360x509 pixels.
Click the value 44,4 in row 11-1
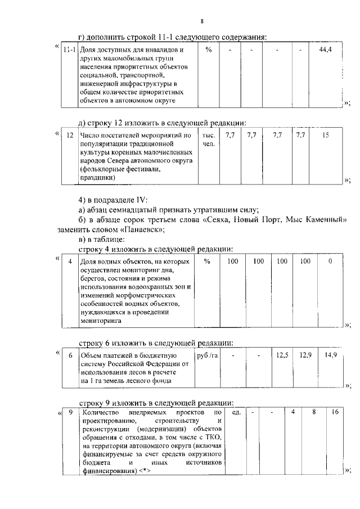pos(325,51)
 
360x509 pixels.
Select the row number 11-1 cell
pos(70,51)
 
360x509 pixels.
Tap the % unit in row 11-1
pos(209,51)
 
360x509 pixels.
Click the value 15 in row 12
pos(326,136)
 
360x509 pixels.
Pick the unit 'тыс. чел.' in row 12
pos(209,139)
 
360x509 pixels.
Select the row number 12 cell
pos(70,136)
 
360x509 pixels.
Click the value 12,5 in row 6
pos(282,355)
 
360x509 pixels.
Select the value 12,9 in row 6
pos(305,355)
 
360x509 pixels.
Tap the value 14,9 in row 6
pos(331,355)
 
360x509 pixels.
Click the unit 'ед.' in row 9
pos(237,413)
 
